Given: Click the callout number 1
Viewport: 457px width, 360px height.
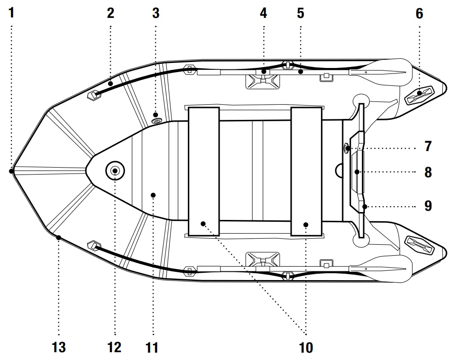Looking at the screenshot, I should point(11,12).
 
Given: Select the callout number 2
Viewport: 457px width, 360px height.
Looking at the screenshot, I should point(110,12).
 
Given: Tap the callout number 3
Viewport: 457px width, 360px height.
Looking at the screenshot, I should point(156,12).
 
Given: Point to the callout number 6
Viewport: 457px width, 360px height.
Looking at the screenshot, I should point(419,13).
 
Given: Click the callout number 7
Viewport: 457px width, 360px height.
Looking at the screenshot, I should point(428,147).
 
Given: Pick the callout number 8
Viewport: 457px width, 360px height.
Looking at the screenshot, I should point(428,173).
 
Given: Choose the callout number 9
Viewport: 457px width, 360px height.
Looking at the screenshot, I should point(428,205).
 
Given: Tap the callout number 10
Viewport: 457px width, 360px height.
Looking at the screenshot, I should point(306,347).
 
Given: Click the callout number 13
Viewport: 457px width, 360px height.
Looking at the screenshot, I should point(59,347).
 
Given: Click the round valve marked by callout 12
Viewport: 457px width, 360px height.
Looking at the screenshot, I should point(114,171).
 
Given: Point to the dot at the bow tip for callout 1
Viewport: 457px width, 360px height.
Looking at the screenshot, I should point(11,171).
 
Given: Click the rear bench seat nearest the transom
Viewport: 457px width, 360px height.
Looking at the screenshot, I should point(306,171).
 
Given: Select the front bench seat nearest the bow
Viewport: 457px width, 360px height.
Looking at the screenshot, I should point(203,171).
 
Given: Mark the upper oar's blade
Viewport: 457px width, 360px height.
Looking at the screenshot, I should point(386,72).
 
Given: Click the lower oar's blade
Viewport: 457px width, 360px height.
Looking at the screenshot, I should point(386,270).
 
